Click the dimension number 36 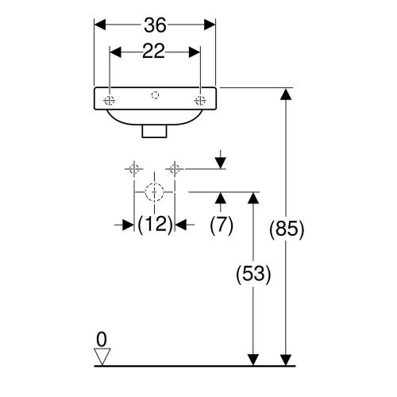pos(155,25)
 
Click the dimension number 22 pos(153,51)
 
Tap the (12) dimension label pos(155,225)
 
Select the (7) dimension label pos(222,225)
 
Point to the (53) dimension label pos(253,274)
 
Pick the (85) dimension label pos(287,229)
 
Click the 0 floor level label pos(102,340)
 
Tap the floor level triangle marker pos(102,357)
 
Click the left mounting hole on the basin pos(109,101)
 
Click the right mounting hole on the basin pos(200,101)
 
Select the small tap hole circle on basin pos(155,94)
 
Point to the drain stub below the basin pos(155,132)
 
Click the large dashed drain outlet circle pos(154,192)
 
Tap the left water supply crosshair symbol pos(134,169)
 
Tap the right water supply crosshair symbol pos(175,169)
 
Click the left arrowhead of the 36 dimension pos(100,25)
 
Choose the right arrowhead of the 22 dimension pos(195,52)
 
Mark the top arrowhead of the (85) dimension pos(286,94)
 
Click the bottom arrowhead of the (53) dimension pos(253,360)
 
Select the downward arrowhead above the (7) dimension pos(221,163)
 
